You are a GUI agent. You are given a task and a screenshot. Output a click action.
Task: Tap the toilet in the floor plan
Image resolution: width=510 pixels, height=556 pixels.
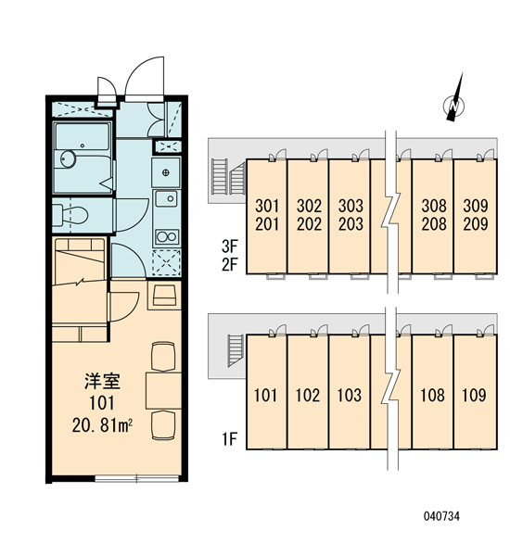click(x=70, y=215)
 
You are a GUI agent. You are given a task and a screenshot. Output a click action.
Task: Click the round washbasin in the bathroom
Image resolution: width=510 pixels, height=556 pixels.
click(x=68, y=158)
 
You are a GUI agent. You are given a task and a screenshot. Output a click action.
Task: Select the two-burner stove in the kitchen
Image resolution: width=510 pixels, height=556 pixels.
click(x=167, y=236)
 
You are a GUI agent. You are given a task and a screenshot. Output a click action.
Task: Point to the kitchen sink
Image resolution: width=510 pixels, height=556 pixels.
click(x=167, y=198)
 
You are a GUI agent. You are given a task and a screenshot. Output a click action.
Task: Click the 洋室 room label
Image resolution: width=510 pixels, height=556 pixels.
click(x=102, y=381)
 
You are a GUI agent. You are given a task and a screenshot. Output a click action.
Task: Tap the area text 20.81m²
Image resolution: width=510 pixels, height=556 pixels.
click(x=102, y=424)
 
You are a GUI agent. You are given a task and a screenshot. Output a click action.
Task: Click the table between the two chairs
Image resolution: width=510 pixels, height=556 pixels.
click(x=163, y=390)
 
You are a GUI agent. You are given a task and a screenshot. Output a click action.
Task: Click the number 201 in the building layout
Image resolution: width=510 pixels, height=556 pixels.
click(x=267, y=223)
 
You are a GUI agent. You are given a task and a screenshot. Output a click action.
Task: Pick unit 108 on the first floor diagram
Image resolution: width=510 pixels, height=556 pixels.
click(x=432, y=392)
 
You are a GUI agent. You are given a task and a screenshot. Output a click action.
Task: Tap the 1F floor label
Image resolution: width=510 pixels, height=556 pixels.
click(x=229, y=439)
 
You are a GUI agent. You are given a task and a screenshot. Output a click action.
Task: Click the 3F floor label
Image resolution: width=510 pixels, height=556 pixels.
click(x=230, y=246)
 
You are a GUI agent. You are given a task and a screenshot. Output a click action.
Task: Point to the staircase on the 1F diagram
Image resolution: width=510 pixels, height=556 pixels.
click(x=236, y=349)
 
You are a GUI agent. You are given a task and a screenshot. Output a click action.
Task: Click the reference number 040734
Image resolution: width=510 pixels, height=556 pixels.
click(x=441, y=516)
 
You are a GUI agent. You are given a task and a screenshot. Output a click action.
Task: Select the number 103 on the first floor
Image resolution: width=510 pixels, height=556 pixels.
click(x=350, y=395)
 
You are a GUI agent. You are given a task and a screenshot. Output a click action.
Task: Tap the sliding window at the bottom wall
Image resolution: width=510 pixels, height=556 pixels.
click(x=137, y=479)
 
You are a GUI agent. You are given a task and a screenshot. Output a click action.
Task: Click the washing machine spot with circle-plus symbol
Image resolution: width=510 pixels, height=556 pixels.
click(x=166, y=172)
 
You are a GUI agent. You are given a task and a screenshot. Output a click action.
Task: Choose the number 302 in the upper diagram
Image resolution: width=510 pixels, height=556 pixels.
click(x=309, y=206)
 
